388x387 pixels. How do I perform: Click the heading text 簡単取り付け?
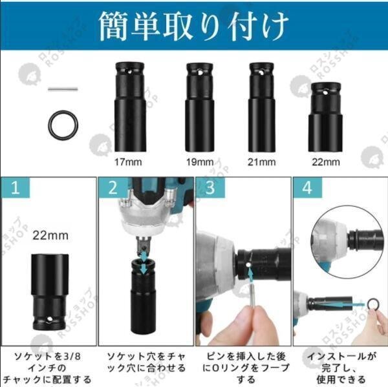tap(193, 26)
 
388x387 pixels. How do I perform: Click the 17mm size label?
tap(128, 162)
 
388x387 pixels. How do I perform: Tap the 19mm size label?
tap(200, 162)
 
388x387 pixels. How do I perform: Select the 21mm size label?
tap(261, 162)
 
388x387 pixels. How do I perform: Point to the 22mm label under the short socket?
tap(326, 162)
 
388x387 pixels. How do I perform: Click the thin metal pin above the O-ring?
tap(63, 89)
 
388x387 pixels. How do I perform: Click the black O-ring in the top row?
tap(63, 125)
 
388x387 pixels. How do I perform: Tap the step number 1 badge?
tap(16, 187)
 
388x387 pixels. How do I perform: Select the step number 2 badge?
tap(113, 187)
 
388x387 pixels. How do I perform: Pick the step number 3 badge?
tap(210, 187)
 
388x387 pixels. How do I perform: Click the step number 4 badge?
tap(307, 187)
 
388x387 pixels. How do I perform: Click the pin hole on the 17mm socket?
tap(129, 72)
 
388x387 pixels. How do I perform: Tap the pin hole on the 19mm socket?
tap(200, 72)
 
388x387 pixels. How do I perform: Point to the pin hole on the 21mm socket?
tap(261, 72)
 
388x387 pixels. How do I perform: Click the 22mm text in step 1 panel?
tap(50, 235)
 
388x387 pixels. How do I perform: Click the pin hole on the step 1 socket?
tap(50, 319)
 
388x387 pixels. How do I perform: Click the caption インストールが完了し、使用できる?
tap(341, 368)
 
